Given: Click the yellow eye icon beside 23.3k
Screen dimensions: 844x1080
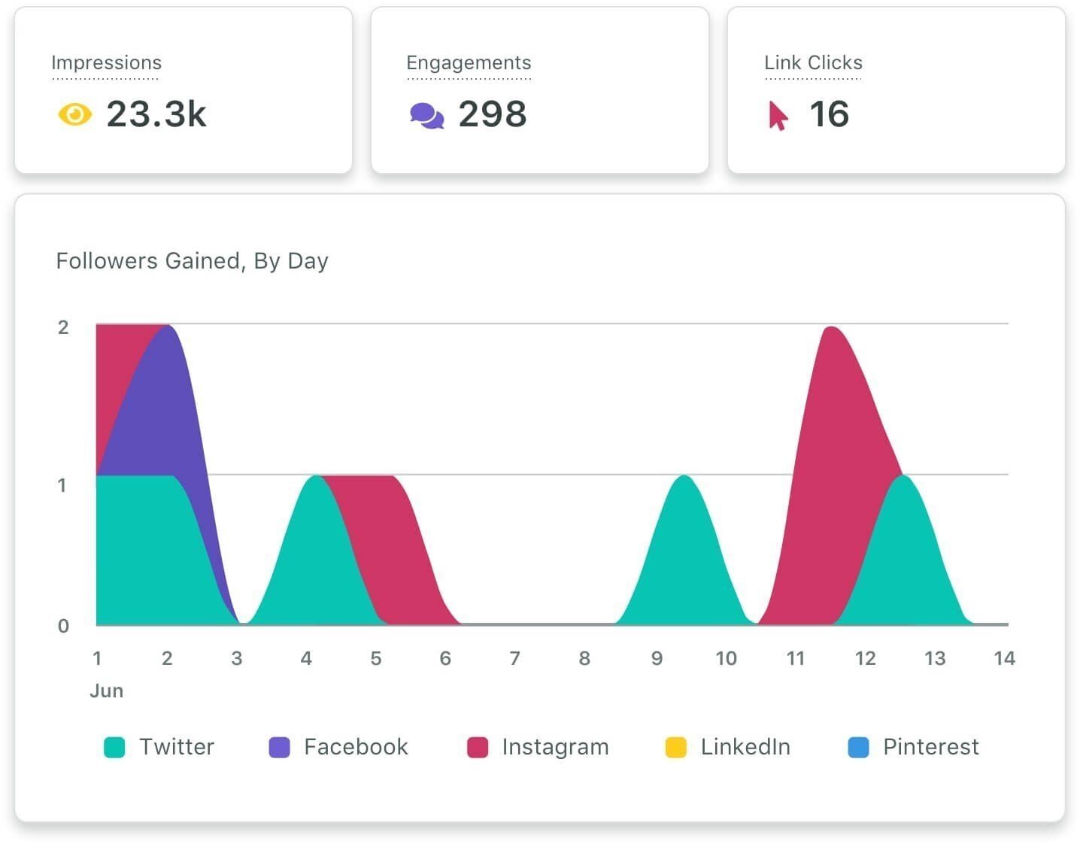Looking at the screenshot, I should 74,115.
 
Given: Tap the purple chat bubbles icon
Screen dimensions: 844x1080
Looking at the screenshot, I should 426,116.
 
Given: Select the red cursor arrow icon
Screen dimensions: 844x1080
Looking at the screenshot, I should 778,116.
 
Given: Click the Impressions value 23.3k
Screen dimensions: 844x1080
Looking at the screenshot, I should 156,114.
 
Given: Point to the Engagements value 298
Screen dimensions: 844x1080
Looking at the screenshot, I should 493,114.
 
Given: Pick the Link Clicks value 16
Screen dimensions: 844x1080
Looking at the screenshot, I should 829,114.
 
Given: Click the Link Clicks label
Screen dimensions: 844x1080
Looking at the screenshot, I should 813,62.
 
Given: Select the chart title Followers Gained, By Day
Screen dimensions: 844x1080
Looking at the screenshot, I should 192,261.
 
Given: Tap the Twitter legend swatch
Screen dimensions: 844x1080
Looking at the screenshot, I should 114,747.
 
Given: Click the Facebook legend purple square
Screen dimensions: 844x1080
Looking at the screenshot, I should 279,747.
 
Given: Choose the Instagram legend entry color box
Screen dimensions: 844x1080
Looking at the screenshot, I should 478,747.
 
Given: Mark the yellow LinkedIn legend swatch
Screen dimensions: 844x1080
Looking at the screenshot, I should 676,747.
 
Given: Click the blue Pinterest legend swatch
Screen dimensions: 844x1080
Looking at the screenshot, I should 858,747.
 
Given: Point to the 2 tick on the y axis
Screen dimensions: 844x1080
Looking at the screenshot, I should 63,327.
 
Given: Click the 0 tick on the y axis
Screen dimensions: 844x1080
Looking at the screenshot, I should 63,626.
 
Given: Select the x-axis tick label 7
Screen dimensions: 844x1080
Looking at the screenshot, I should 514,659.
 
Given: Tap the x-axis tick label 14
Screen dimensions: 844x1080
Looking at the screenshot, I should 1004,659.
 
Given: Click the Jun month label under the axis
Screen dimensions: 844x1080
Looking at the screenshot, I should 106,691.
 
